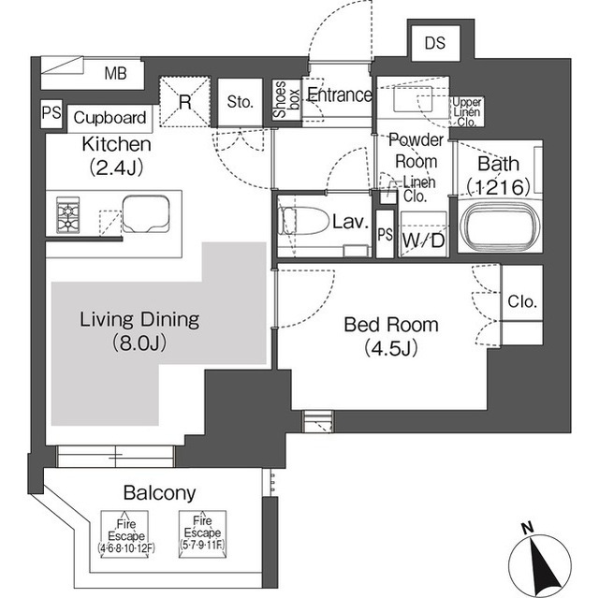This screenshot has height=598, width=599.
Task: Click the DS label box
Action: pos(434,42)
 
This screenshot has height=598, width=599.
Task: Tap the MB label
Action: pos(115,73)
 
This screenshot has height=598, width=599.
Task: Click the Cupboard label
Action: pos(110,118)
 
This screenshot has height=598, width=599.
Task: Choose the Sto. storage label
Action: pos(241,103)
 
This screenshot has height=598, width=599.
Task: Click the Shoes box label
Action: pos(280,99)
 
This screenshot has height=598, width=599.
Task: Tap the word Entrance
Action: pos(339,95)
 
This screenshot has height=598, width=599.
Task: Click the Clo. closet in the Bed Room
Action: pos(521,302)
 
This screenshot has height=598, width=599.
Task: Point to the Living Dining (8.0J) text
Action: pos(139,330)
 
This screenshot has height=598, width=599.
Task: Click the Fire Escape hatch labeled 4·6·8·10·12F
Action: pos(130,532)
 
